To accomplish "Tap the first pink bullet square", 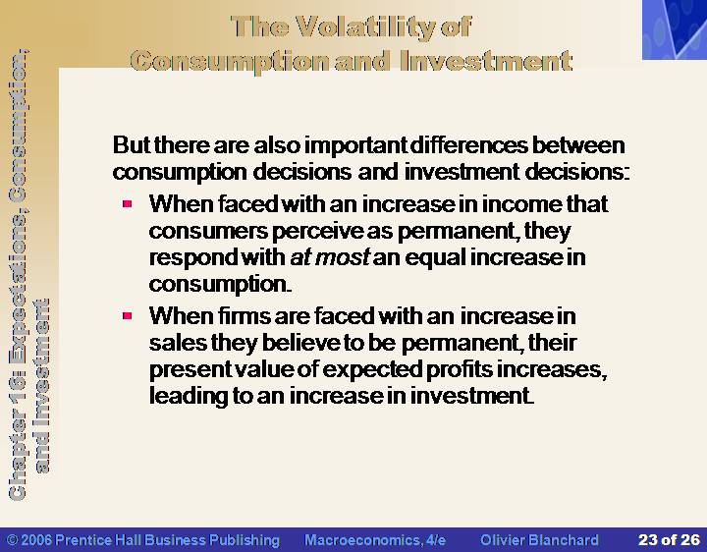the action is [127, 204].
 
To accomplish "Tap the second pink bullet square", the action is [127, 315].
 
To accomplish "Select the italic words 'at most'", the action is [330, 257].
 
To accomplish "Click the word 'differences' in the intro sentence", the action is [469, 145].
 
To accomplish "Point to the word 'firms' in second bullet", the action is [244, 315].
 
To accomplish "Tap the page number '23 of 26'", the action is [669, 540].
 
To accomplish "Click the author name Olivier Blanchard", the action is [539, 540].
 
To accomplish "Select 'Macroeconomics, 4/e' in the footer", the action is [375, 540].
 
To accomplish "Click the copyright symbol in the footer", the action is [13, 540].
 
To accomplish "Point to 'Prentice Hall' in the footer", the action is [99, 540].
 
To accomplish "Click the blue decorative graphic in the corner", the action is [675, 29].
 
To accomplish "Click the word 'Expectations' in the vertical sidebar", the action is [17, 294].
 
